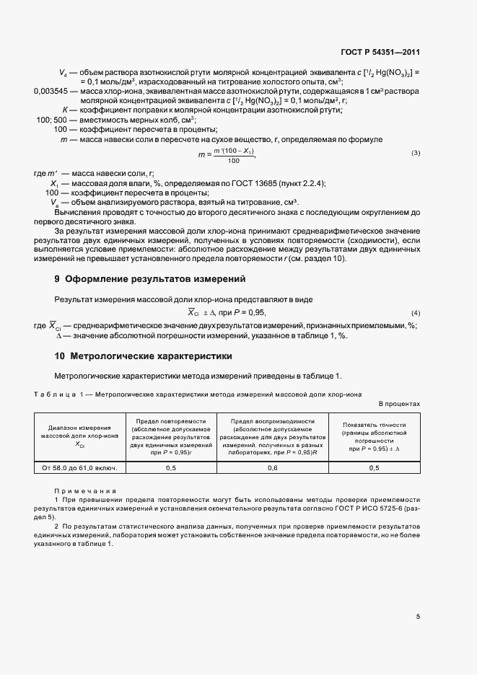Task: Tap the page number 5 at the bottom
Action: (x=418, y=615)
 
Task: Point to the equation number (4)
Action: (x=416, y=312)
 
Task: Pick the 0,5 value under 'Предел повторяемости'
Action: (x=171, y=468)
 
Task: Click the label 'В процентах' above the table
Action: (x=399, y=404)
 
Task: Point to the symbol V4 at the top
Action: (x=61, y=73)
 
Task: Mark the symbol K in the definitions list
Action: (x=65, y=110)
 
